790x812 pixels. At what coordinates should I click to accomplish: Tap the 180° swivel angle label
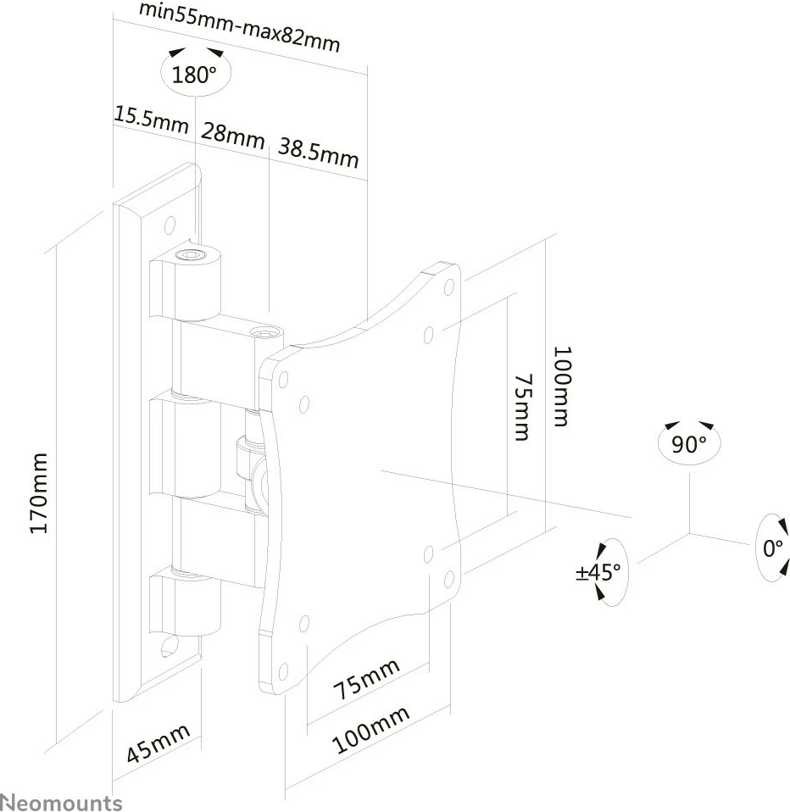(194, 75)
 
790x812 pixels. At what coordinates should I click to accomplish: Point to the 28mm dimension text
(233, 135)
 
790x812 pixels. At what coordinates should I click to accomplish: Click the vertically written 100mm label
(562, 386)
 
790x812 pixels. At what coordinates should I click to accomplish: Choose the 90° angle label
(688, 443)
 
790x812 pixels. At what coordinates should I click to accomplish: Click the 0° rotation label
(772, 548)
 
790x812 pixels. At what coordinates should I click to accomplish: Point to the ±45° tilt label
(600, 572)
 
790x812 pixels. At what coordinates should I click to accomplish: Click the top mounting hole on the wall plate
(170, 225)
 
